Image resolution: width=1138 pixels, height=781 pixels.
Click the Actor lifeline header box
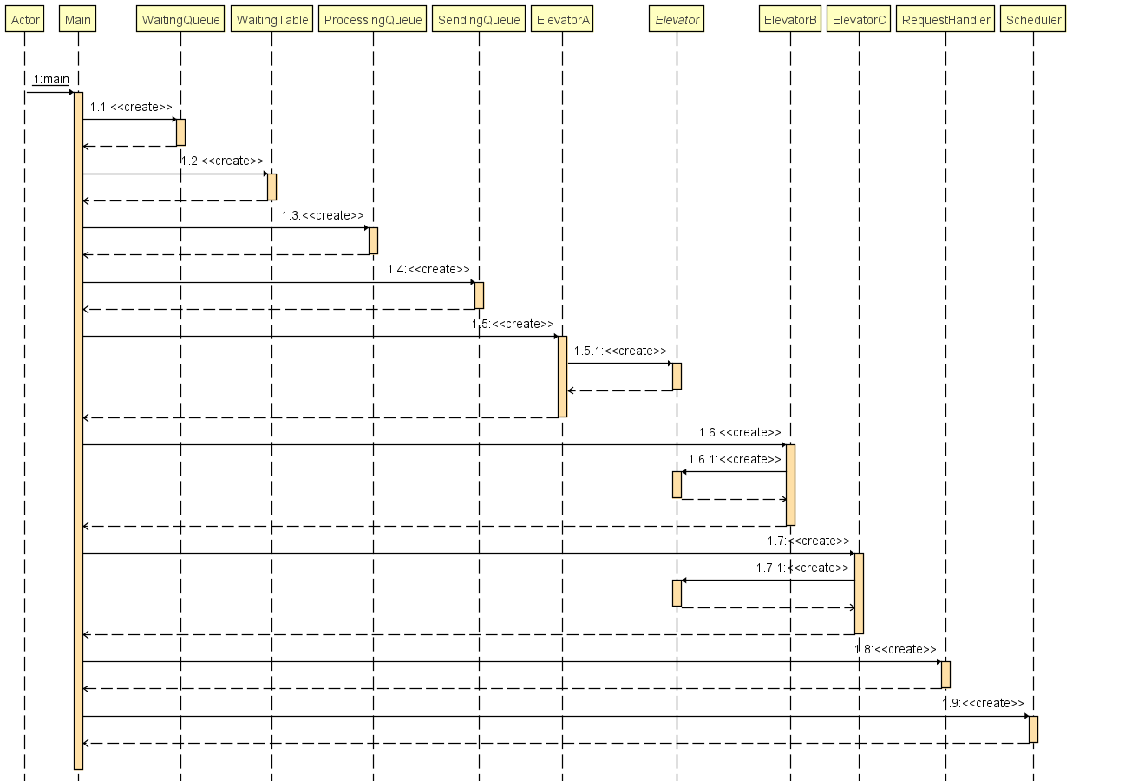coord(25,20)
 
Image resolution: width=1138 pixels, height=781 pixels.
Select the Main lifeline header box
coord(78,20)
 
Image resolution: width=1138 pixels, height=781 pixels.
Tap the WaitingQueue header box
coord(181,20)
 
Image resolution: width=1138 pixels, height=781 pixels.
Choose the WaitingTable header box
coord(272,20)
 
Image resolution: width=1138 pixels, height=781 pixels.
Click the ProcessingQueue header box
coord(373,20)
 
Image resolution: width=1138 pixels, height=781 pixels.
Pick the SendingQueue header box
coord(479,20)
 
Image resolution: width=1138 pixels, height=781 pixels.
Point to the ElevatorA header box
coord(562,20)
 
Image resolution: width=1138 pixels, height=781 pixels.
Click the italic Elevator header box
coord(677,20)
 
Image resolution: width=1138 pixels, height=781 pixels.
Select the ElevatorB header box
coord(790,20)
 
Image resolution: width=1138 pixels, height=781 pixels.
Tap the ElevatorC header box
coord(859,20)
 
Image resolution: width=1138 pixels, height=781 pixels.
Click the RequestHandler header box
coord(945,20)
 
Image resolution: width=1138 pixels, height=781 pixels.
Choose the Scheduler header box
coord(1032,20)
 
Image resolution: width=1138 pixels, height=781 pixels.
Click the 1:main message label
coord(51,80)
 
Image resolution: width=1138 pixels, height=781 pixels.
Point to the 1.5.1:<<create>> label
coord(620,351)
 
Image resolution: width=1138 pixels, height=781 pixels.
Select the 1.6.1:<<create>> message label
coord(735,460)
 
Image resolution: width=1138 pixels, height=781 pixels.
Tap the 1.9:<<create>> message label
coord(983,704)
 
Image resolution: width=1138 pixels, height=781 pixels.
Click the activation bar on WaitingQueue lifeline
coord(180,132)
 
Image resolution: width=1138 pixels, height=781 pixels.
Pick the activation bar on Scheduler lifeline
coord(1033,729)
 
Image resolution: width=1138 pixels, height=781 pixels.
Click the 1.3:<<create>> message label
coord(323,215)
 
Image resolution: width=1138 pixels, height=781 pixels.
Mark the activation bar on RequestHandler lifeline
coord(945,674)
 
